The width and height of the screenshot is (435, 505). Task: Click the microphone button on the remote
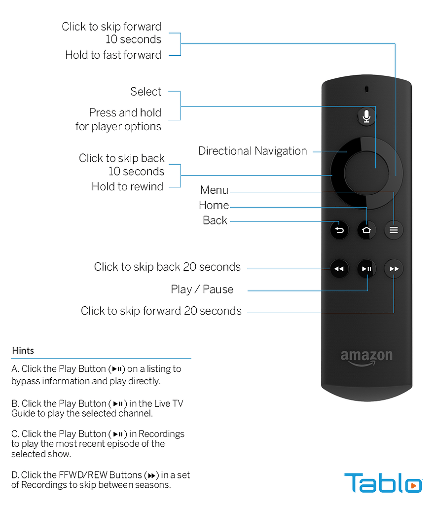point(366,116)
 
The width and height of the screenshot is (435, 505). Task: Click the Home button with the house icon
point(366,230)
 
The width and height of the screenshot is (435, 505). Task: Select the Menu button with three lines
point(394,230)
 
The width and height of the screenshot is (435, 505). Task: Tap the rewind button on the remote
point(339,269)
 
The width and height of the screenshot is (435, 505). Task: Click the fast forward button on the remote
point(394,269)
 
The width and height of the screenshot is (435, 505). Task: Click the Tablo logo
point(383,482)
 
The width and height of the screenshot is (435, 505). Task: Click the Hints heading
point(23,351)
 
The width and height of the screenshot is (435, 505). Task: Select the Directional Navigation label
point(253,151)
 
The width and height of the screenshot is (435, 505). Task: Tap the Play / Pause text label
point(202,289)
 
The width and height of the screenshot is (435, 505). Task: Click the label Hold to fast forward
point(113,55)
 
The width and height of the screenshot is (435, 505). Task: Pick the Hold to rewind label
point(127,186)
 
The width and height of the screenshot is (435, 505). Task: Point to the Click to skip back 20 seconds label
point(167,267)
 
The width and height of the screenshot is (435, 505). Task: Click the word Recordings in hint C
point(161,434)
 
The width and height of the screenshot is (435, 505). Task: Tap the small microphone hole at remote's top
point(366,89)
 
